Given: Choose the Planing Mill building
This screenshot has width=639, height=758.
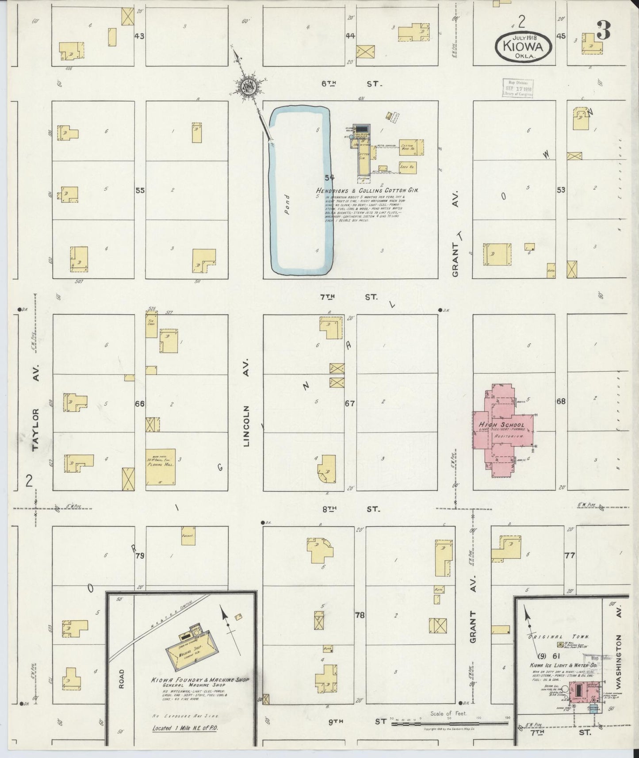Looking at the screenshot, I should click(x=161, y=467).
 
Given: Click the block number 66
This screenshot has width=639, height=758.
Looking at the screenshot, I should click(x=140, y=404).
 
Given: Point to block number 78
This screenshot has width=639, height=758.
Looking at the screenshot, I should click(x=360, y=615).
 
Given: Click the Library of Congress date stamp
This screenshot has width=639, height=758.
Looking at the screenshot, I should click(x=517, y=88).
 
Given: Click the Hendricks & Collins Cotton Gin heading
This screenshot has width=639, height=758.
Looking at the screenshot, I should click(x=367, y=190).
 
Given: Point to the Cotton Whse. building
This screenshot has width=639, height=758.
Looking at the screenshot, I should click(x=411, y=148).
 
